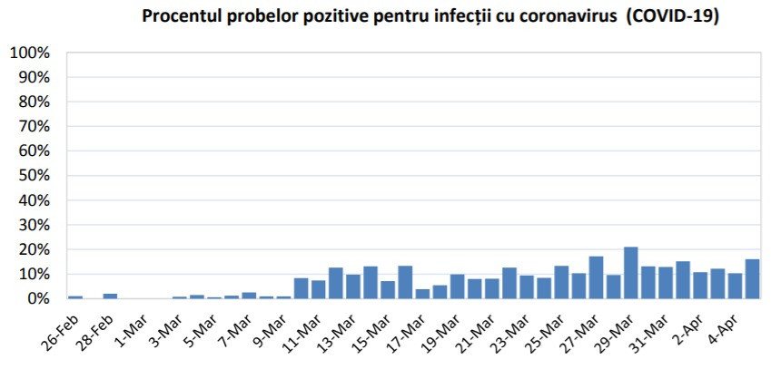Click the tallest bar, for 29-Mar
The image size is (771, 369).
point(631,273)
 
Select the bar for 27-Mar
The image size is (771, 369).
point(596,277)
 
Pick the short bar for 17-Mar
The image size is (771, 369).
point(422,294)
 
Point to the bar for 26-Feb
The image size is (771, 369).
point(75,296)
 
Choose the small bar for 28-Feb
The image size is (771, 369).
point(110,296)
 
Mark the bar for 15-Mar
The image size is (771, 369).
point(405,282)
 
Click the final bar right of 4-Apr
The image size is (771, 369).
point(753,278)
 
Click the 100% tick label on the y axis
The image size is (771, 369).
point(30,53)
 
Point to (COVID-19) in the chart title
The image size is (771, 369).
point(667,17)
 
